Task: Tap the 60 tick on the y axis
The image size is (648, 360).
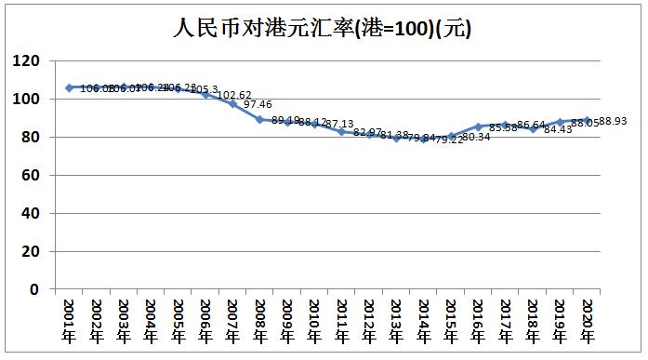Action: [32, 176]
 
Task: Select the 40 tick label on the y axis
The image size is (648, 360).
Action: [32, 214]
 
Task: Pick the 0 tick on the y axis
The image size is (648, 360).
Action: [35, 289]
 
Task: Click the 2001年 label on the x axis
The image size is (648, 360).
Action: [69, 320]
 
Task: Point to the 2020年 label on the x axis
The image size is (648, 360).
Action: [588, 320]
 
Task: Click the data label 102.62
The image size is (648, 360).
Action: [235, 95]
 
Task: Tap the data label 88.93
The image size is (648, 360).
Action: [615, 121]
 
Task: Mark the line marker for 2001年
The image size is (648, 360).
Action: [69, 87]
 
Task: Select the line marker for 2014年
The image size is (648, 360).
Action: [424, 139]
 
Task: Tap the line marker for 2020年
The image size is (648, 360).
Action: [588, 120]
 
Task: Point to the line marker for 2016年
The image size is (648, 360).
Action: [478, 127]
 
